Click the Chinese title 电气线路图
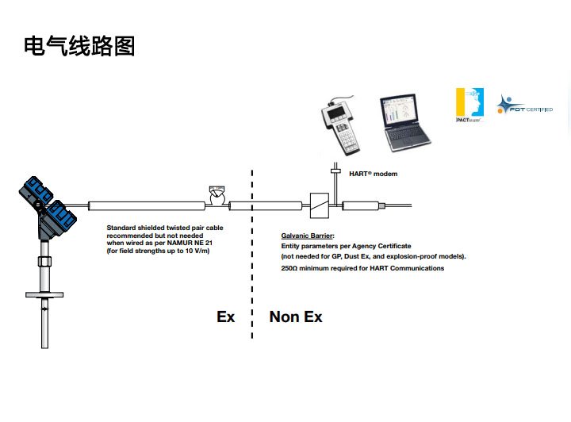pos(79,46)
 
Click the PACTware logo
pos(469,103)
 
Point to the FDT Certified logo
pos(523,105)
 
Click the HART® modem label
pos(373,174)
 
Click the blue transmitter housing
pos(47,203)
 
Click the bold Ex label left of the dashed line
pos(226,316)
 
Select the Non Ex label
pos(296,316)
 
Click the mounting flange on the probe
pos(44,295)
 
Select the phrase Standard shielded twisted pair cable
pos(164,228)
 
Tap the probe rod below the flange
pos(44,325)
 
